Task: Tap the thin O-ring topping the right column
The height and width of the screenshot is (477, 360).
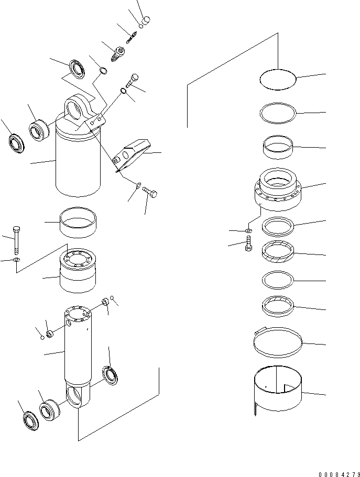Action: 279,79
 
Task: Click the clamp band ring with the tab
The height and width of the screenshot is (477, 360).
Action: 278,343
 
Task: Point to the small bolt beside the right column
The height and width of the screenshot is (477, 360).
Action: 249,245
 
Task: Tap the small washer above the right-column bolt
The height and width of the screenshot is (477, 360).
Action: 248,230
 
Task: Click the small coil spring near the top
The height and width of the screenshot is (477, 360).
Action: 130,37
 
